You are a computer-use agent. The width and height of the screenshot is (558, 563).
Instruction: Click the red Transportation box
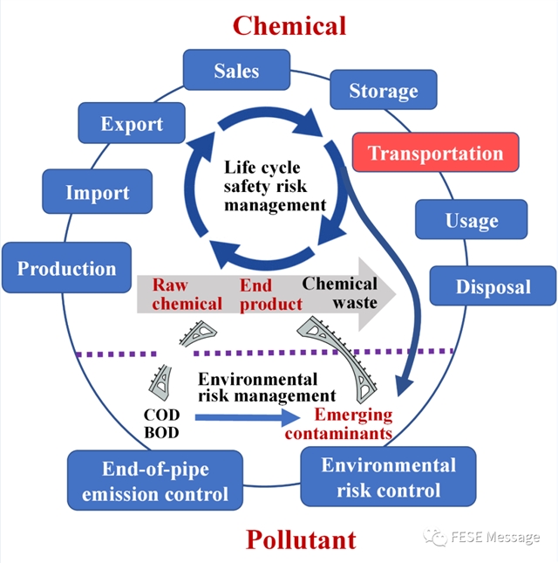coord(435,154)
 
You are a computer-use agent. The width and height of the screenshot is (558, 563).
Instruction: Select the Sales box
coord(236,71)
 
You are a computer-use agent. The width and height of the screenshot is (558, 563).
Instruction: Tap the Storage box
coord(384,90)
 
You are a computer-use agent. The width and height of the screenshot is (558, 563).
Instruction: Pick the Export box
coord(132,124)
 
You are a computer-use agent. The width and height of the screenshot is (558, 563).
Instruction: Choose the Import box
coord(97,192)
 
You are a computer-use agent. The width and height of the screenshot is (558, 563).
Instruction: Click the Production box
coord(66,268)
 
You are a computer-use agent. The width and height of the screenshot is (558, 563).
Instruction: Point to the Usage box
coord(471,220)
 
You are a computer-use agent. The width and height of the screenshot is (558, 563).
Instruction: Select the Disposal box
coord(493,286)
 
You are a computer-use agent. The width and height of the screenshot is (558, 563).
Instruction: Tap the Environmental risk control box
coord(388,477)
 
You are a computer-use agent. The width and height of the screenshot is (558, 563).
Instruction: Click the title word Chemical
coord(289,24)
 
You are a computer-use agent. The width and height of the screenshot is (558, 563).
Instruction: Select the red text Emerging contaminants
coord(353,423)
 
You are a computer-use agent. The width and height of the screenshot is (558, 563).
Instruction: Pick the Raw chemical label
coord(187,294)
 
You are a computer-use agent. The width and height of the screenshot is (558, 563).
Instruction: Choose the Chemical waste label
coord(340,293)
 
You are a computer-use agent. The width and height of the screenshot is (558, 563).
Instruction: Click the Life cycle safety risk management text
coord(275,185)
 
